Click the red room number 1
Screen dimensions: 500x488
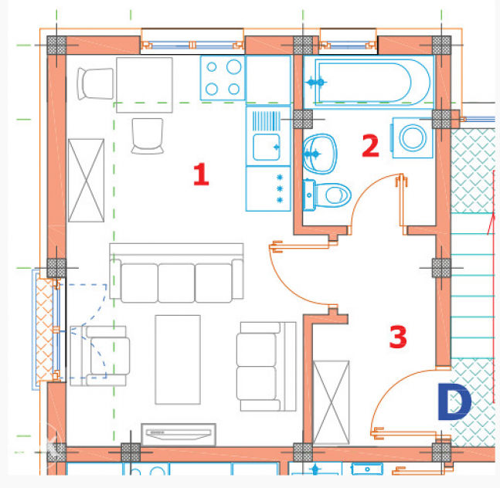201,174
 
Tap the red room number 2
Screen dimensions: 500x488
370,146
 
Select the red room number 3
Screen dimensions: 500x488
398,337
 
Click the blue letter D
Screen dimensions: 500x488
454,402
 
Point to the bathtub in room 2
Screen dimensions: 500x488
369,82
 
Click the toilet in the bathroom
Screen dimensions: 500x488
327,195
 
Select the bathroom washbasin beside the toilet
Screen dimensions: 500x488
319,154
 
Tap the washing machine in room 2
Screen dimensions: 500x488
413,137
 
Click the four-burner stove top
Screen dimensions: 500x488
223,78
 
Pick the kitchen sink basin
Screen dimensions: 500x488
267,147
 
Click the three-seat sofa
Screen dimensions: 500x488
177,273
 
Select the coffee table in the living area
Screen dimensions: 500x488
178,360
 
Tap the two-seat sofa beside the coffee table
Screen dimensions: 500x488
267,366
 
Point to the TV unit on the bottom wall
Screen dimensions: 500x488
179,435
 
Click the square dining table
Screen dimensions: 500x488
145,85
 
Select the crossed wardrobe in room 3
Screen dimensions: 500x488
332,402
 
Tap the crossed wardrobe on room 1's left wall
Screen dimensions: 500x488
86,180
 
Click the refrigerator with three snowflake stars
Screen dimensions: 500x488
268,188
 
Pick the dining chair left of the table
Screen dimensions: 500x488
95,83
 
